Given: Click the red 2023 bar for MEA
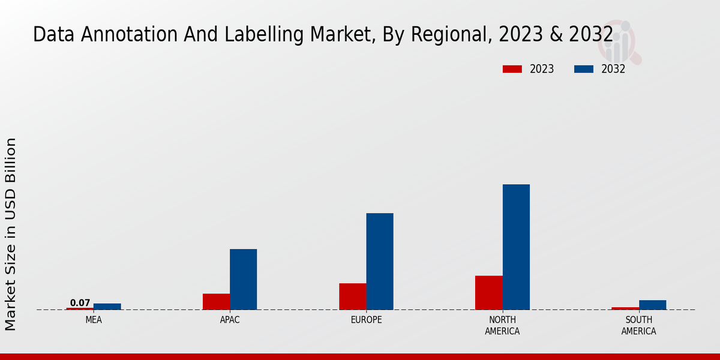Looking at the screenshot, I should (x=80, y=308).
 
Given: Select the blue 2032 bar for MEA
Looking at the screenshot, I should (x=107, y=307).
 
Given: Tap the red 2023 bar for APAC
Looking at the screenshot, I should (x=216, y=302).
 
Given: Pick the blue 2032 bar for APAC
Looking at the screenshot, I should (x=243, y=280).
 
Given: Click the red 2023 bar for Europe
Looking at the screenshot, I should (x=352, y=296).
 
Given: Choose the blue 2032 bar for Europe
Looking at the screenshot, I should (x=380, y=262).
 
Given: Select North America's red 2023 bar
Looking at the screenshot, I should (x=488, y=293).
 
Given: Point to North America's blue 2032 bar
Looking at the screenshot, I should (x=516, y=247).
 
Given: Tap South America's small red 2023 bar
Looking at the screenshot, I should (x=625, y=308).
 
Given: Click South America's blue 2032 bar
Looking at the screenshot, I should (x=652, y=305).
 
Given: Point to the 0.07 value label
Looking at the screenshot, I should (x=80, y=303).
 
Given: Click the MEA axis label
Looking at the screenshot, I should (x=94, y=320).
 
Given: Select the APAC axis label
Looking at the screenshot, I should (x=230, y=320).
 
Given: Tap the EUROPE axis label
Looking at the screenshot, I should (x=366, y=320).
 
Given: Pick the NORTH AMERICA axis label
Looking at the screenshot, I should (x=502, y=325).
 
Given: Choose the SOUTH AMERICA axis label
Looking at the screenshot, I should (x=638, y=325).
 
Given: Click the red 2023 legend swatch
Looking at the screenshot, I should (x=512, y=69).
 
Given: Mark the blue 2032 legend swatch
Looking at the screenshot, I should (x=583, y=69).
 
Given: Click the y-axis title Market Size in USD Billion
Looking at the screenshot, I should (x=11, y=234).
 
